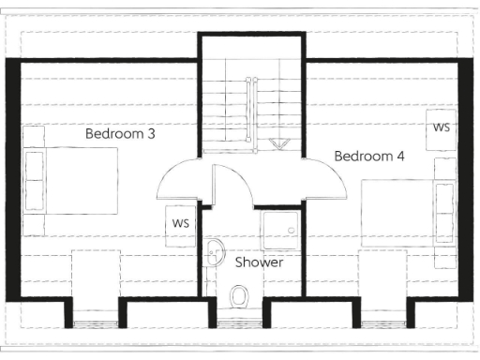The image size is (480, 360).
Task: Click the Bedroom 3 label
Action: [120, 134]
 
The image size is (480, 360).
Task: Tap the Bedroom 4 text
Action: [369, 156]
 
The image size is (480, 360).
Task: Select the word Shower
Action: [259, 262]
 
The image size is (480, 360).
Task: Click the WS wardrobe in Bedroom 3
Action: [181, 224]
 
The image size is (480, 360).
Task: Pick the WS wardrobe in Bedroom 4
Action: [441, 127]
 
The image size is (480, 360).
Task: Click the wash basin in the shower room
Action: [215, 250]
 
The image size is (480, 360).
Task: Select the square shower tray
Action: [280, 228]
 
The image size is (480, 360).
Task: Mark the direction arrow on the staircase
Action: [279, 144]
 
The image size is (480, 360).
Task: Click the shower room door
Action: [232, 186]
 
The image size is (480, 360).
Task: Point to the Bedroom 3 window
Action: [97, 322]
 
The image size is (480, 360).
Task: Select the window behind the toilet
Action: [238, 322]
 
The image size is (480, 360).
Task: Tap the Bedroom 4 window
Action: [385, 322]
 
